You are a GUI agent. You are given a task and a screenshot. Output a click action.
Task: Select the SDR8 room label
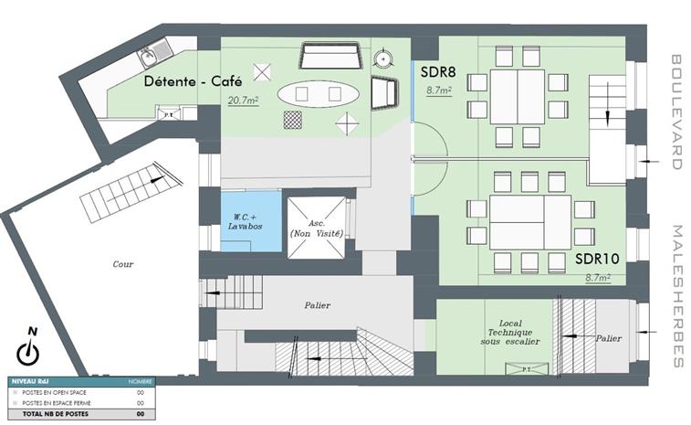pyautogui.click(x=439, y=70)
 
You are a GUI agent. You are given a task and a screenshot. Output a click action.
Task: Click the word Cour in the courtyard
pyautogui.click(x=123, y=264)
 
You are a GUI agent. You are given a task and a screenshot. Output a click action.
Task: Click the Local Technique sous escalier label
pyautogui.click(x=505, y=333)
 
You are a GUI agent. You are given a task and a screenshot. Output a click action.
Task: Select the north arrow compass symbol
pyautogui.click(x=31, y=349)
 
